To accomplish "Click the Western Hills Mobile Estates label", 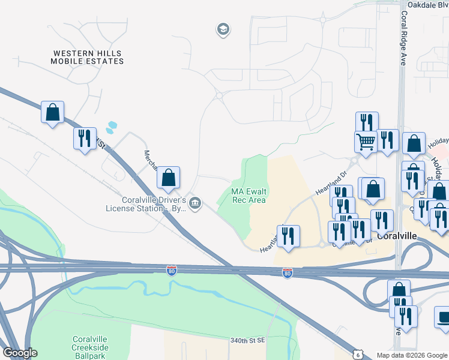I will tap(87, 57).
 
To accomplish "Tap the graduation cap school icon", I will tap(223, 29).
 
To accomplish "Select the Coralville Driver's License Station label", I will tap(145, 204).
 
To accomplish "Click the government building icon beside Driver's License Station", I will tap(194, 203).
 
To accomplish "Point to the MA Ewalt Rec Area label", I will tap(249, 196).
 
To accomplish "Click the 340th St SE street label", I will tap(247, 340).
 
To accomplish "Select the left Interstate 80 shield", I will tap(172, 271).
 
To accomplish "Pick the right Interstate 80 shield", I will tap(288, 273).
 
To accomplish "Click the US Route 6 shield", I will tap(358, 355).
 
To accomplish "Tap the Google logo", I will tap(20, 353).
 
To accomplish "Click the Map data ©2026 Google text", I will tap(411, 355).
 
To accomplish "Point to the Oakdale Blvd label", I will tap(427, 4).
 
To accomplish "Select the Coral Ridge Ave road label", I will tap(401, 42).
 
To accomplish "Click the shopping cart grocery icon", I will tap(366, 142).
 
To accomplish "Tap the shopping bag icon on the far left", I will tap(52, 112).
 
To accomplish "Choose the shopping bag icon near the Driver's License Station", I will tap(169, 177).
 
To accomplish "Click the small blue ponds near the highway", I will tap(111, 127).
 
